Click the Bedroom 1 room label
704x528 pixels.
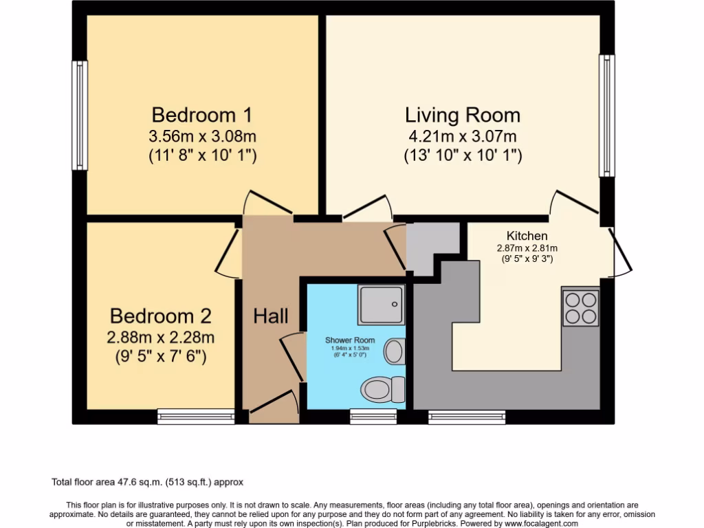point(202,114)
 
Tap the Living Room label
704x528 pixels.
point(462,114)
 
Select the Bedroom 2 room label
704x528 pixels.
point(160,316)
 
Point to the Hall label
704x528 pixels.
point(271,316)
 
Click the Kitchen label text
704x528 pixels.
point(527,236)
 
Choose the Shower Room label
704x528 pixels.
point(350,340)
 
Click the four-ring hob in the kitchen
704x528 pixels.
point(581,308)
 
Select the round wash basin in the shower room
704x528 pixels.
point(394,351)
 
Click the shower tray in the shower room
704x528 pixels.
point(380,305)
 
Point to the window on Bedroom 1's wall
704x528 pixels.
point(80,115)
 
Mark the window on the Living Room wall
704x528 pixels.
point(606,115)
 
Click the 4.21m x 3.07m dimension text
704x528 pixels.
point(462,136)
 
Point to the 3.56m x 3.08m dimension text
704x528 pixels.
point(202,136)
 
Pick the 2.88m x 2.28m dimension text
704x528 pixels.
point(160,338)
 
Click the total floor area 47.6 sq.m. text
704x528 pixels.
point(148,483)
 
